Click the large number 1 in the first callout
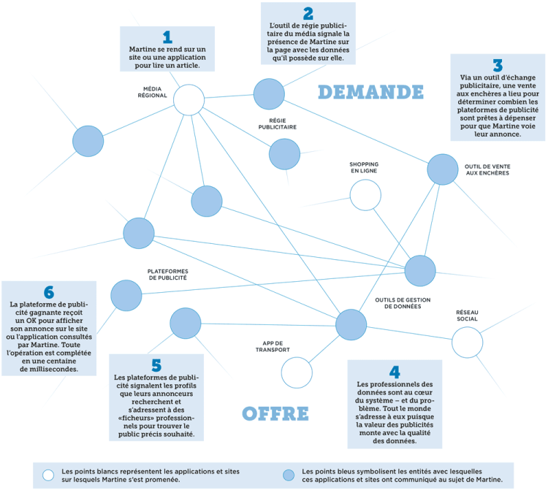(x=167, y=37)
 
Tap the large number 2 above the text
(x=308, y=13)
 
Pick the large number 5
(x=156, y=365)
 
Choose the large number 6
(x=49, y=292)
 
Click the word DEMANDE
(x=370, y=92)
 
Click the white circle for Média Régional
(x=189, y=100)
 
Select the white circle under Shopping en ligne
(x=365, y=195)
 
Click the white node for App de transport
(x=297, y=372)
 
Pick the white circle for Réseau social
(x=467, y=341)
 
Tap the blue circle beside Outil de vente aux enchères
(x=442, y=169)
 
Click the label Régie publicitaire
(x=277, y=123)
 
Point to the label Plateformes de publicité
(x=167, y=275)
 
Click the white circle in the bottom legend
(x=49, y=474)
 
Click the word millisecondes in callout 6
(x=49, y=370)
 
